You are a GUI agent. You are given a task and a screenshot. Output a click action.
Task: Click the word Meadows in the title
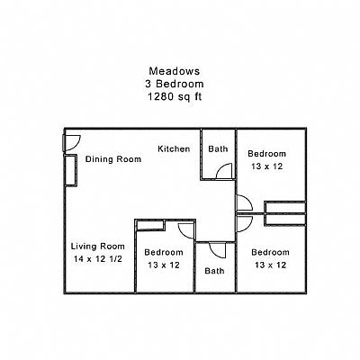click(175, 71)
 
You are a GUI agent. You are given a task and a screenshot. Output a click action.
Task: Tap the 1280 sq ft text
click(175, 97)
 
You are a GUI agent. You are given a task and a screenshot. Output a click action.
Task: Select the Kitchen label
click(174, 148)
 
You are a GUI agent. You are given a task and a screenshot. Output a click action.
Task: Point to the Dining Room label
click(113, 159)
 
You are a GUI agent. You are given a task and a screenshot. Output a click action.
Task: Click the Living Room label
click(98, 247)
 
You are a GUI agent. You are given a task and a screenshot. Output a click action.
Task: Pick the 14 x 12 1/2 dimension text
click(98, 259)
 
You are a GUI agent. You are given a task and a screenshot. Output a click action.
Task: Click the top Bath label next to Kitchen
click(218, 148)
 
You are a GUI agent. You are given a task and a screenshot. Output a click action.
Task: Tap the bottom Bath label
click(214, 271)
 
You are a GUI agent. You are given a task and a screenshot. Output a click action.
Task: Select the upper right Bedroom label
click(266, 154)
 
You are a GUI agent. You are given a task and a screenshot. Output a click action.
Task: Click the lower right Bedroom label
click(270, 252)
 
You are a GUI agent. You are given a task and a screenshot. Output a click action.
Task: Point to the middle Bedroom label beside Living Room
click(164, 252)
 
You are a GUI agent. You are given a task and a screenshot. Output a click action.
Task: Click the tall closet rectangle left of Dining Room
click(71, 170)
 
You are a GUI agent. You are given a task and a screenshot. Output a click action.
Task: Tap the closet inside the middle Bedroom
click(150, 225)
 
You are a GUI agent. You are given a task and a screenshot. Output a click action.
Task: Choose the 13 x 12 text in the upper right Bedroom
click(267, 166)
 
